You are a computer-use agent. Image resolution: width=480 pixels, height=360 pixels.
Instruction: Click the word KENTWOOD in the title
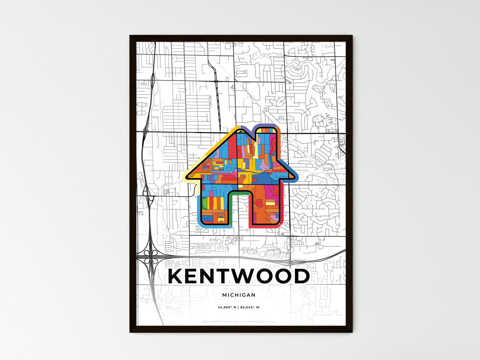239,276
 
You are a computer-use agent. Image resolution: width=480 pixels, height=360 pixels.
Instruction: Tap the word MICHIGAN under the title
239,295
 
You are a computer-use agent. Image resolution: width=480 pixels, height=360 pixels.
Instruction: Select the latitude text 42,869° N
227,307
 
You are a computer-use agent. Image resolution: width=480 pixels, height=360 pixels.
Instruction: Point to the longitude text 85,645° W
250,307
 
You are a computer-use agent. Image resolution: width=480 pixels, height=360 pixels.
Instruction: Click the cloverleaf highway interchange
151,256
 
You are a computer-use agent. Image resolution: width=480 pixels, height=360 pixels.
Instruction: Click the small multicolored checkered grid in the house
206,165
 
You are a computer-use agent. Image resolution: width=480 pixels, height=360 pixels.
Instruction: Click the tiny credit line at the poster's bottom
239,321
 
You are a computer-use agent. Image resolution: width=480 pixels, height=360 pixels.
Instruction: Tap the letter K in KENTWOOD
176,276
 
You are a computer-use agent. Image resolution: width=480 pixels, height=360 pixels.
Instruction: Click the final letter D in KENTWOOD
301,276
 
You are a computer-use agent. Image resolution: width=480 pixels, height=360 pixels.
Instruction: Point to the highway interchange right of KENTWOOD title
290,262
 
